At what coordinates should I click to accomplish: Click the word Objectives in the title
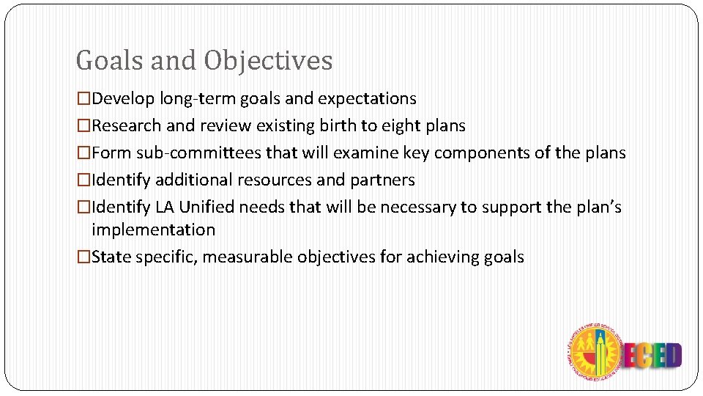pyautogui.click(x=268, y=61)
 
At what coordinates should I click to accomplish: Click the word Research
pyautogui.click(x=127, y=126)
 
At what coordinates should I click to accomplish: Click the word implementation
pyautogui.click(x=153, y=230)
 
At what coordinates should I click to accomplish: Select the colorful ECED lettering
pyautogui.click(x=652, y=356)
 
